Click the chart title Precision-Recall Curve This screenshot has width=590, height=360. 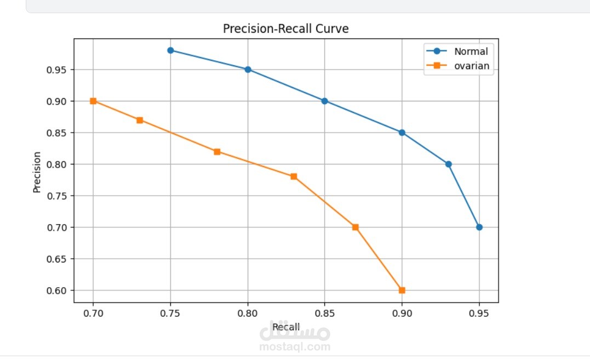coord(285,29)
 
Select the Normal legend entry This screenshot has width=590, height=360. coord(470,52)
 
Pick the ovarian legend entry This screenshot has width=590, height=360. coord(471,67)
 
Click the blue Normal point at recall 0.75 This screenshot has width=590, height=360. coord(170,50)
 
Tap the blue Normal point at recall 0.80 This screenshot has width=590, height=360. coord(248,70)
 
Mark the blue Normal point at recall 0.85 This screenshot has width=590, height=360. coord(324,101)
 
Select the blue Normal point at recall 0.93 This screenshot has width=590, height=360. coord(449,164)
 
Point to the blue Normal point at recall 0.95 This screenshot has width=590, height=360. coord(479,227)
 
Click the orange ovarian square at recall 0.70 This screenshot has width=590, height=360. coord(93,101)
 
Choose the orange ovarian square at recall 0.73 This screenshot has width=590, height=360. coord(140,120)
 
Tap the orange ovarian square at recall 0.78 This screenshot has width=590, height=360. coord(217,152)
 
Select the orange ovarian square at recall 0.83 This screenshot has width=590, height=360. coord(294,176)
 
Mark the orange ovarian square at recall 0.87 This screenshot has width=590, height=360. coord(356,227)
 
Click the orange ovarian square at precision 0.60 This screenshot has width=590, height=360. coord(402,290)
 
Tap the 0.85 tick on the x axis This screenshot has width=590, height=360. coord(324,313)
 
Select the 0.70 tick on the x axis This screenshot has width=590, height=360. coord(93,313)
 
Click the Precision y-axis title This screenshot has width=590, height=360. coord(37,172)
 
